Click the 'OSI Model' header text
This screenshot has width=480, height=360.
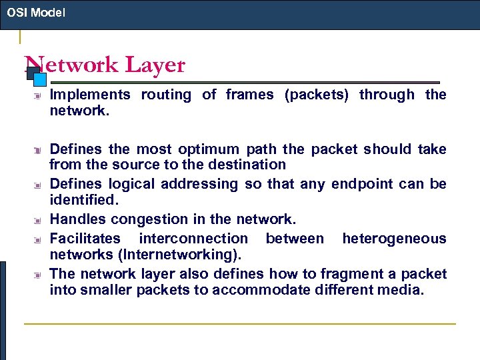click(x=36, y=12)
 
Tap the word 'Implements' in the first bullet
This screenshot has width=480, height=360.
click(x=91, y=95)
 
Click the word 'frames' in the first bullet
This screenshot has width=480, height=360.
click(x=249, y=95)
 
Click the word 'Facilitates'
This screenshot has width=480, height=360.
click(x=85, y=238)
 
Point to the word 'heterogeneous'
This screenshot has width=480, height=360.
click(x=394, y=238)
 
